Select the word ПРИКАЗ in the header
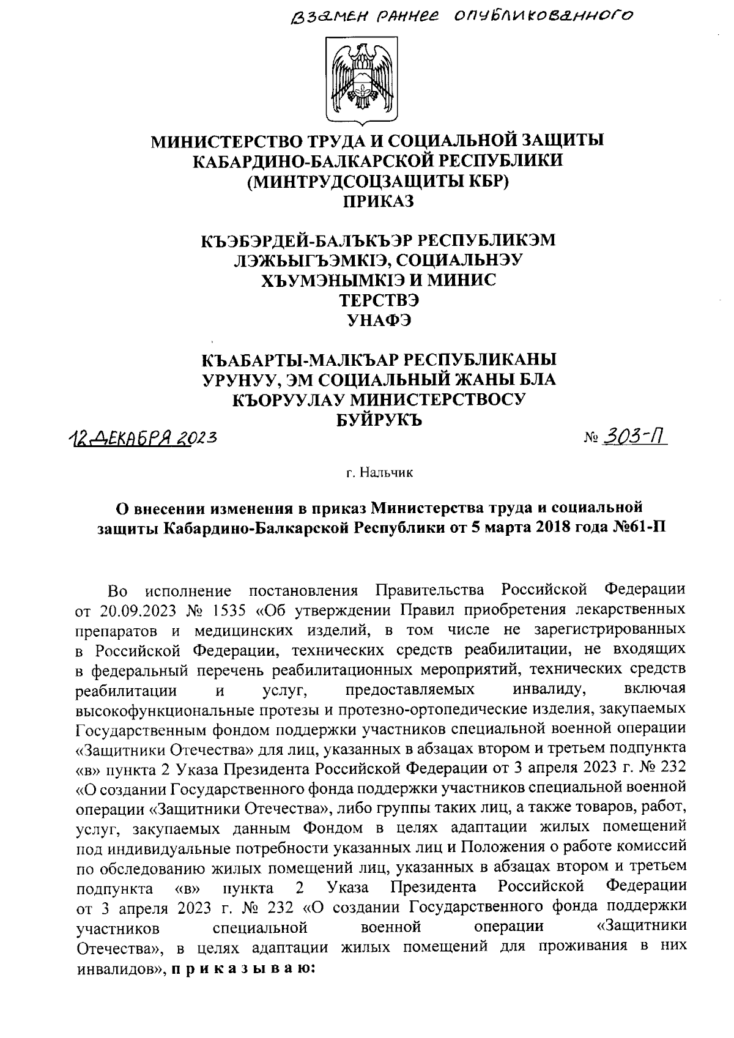point(377,201)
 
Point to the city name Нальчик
point(387,472)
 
